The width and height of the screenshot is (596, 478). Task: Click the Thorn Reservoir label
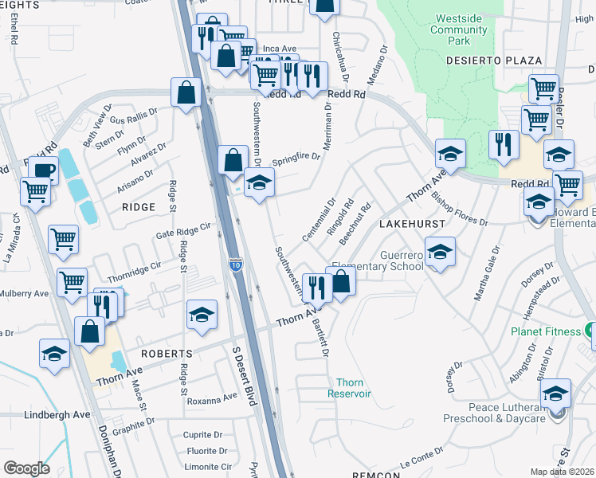350,388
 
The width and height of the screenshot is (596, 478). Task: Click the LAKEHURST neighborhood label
410,225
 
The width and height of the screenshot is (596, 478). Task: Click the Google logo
26,468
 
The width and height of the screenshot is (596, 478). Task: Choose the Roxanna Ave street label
212,397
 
